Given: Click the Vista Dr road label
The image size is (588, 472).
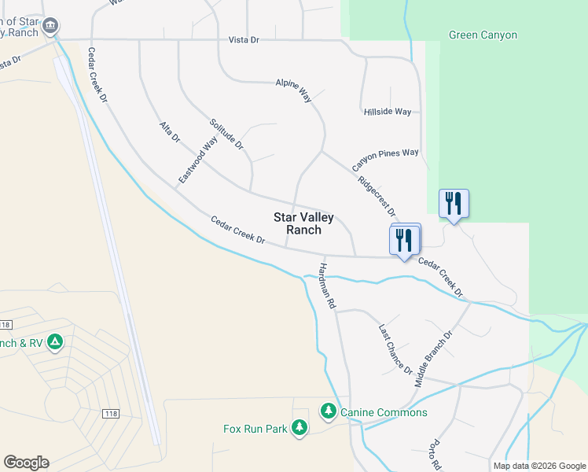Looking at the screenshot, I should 244,39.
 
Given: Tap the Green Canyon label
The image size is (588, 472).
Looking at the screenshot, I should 483,35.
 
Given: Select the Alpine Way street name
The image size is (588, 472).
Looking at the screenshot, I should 293,90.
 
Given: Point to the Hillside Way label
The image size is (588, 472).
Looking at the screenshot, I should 388,112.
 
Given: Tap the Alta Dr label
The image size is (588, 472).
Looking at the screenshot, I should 170,131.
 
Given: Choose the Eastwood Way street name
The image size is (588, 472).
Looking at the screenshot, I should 197,160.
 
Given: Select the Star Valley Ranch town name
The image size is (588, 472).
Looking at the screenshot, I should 303,223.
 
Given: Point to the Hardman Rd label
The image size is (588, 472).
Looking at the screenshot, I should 327,285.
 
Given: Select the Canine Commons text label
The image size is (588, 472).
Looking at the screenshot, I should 384,412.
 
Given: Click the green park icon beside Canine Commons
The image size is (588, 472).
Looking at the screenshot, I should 328,411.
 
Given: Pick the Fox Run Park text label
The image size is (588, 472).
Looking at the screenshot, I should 255,429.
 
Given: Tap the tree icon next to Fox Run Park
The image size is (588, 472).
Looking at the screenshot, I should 299,427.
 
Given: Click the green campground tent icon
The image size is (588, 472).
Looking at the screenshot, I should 54,342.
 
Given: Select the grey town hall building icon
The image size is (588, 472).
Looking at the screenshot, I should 51,26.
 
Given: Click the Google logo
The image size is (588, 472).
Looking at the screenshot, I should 26,462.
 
